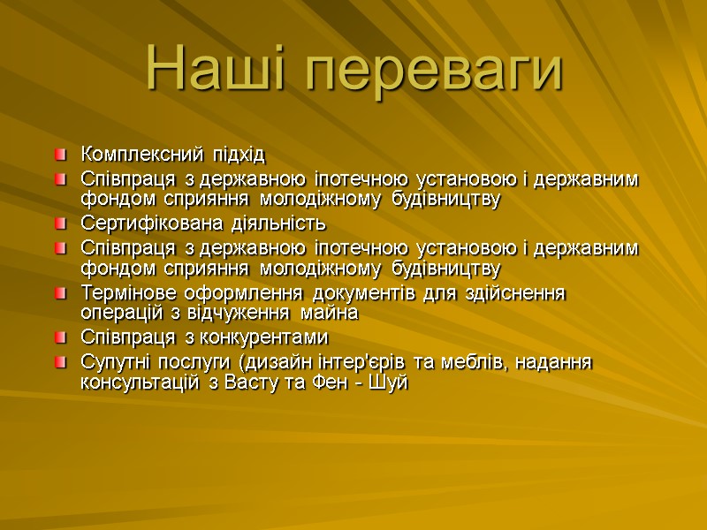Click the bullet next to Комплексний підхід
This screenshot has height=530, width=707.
click(59, 155)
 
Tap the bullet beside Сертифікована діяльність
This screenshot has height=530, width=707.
click(59, 222)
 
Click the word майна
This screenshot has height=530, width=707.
click(329, 313)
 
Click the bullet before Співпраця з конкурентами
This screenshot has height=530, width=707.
click(59, 337)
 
